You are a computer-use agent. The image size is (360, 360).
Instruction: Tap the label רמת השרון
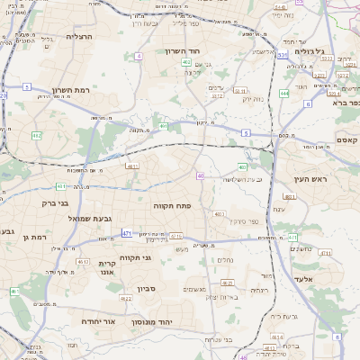[x=74, y=90]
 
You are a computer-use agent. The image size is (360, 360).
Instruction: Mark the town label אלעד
[x=313, y=280]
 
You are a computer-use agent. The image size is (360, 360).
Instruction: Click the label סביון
[x=147, y=289]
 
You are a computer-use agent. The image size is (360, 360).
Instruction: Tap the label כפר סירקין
[x=242, y=220]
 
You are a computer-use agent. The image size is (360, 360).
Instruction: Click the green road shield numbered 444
[x=283, y=93]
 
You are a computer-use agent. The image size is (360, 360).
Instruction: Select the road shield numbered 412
[x=37, y=135]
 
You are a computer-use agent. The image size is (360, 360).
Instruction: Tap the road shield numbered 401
[x=164, y=126]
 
